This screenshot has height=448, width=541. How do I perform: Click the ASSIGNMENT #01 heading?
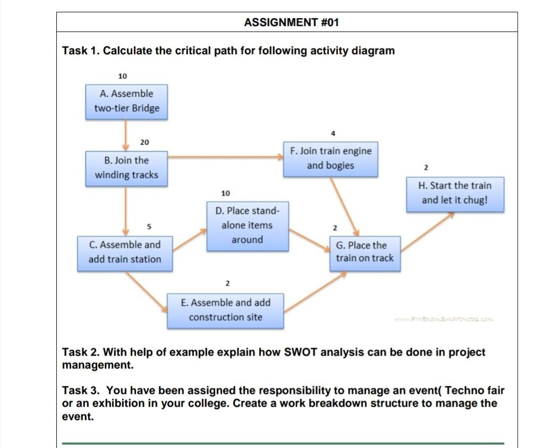tap(291, 22)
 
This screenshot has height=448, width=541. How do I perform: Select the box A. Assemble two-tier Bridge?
tap(126, 101)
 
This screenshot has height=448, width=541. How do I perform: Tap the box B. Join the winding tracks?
tap(126, 168)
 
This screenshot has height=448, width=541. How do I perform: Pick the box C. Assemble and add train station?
tap(125, 253)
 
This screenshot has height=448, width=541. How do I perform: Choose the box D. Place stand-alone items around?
tap(247, 225)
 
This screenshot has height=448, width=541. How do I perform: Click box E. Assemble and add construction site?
tap(225, 310)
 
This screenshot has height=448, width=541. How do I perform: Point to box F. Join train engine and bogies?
tap(330, 158)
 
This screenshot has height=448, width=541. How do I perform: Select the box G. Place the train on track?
tap(365, 252)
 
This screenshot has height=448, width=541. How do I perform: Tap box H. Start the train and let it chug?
tap(455, 193)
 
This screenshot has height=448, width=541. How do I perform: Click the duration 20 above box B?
tap(144, 142)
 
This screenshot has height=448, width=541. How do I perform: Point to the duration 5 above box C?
tap(149, 227)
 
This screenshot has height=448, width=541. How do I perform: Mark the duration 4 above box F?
tap(332, 133)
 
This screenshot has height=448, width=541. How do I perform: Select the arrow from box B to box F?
tap(226, 157)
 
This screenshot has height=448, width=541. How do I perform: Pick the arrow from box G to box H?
tap(427, 231)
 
